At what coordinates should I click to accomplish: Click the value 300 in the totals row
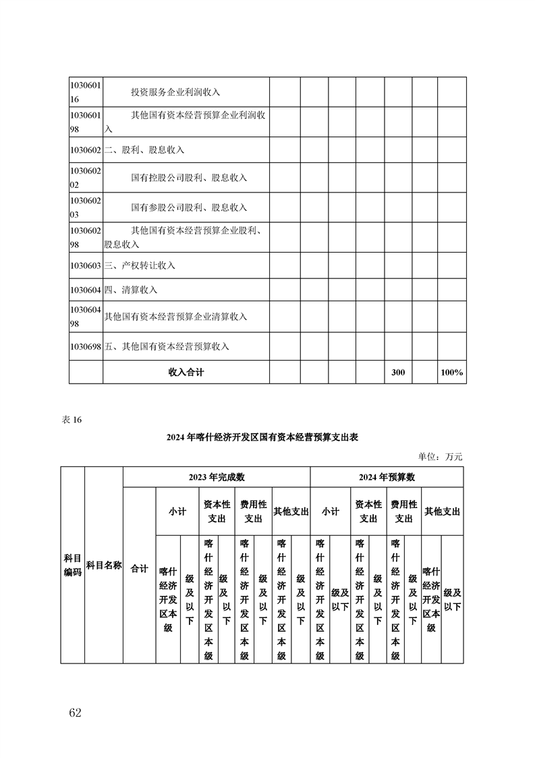click(x=398, y=372)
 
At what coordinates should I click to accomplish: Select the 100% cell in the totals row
click(x=451, y=372)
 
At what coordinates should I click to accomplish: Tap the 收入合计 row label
click(x=186, y=372)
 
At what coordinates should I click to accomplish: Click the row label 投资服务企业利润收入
click(x=175, y=92)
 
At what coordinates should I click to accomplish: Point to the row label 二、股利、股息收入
click(x=144, y=149)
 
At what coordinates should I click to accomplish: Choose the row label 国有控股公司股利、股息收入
click(x=189, y=178)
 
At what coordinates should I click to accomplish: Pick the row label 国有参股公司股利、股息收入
click(x=189, y=207)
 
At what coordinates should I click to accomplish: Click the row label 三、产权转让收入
click(x=140, y=266)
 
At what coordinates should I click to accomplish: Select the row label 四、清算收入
click(x=131, y=290)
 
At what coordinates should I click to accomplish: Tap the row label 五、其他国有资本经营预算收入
click(x=167, y=347)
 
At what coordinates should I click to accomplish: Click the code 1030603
click(x=86, y=266)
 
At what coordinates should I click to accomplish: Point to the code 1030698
click(x=86, y=347)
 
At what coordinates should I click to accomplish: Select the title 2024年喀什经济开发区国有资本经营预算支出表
click(x=262, y=438)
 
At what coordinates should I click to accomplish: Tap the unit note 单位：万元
click(x=441, y=457)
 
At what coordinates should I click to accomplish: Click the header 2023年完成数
click(x=217, y=477)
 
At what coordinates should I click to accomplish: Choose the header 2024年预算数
click(x=387, y=477)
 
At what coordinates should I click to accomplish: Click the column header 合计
click(x=139, y=569)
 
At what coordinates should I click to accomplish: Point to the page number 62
click(x=75, y=713)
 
